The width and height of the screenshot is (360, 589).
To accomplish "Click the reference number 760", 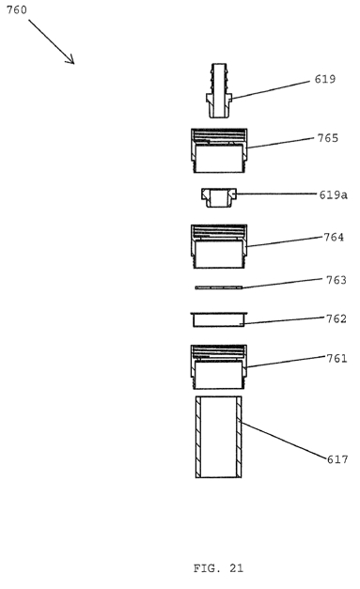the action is coord(17,9).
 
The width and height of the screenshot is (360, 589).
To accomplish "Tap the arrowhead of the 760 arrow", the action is coord(71,61).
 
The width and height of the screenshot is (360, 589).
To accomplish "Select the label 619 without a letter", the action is coord(325,79).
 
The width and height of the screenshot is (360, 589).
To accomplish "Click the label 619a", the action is coord(334,195).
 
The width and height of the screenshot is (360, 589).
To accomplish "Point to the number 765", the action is coord(328,138).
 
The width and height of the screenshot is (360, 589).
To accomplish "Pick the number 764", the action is coord(334,238).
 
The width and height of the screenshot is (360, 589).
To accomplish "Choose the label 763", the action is coord(336,280).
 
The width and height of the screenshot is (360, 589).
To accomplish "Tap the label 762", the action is coord(336,318).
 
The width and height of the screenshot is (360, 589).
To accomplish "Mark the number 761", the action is coord(337,359).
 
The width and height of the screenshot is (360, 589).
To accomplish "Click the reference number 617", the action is coord(337,459).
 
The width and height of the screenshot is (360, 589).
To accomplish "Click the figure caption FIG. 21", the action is coord(218,568).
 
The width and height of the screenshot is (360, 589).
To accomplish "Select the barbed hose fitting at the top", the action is coord(219,90).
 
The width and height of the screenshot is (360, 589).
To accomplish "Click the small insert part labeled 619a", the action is coord(219,197).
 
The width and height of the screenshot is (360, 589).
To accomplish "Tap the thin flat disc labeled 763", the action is coord(219,287).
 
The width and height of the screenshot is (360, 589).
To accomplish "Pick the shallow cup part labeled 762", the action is coord(219,319).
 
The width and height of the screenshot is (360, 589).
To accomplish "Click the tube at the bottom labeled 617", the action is coord(219,437).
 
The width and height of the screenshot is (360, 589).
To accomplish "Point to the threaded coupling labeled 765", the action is coord(219,150).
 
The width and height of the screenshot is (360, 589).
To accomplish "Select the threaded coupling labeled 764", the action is coord(219,246).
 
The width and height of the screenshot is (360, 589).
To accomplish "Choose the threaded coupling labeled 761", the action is coord(219,367).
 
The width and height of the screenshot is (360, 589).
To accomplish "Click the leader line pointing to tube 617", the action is coord(284,441).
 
